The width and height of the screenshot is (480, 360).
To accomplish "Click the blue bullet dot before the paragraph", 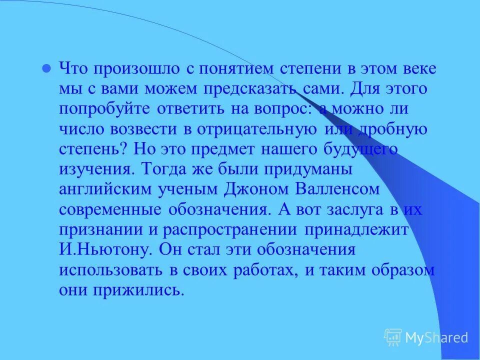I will point(46,69).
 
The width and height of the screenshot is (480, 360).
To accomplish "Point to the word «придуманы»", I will point(309,168).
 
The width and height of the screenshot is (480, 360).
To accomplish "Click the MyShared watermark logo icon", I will point(393,337).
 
